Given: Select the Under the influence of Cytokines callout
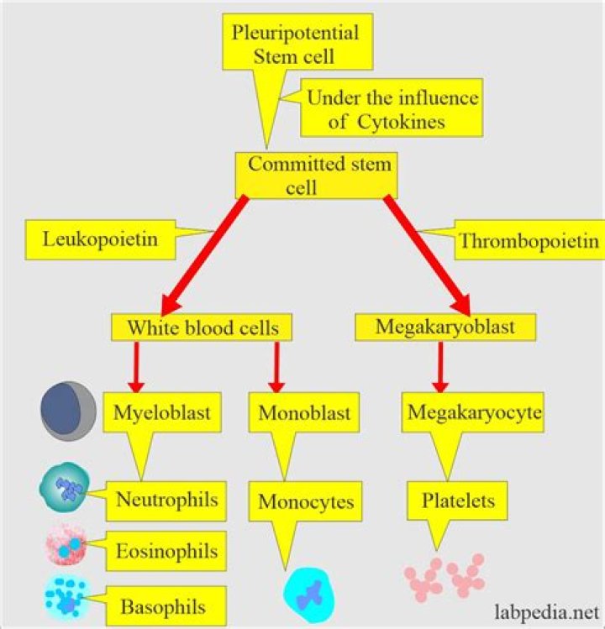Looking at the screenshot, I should pos(392,109).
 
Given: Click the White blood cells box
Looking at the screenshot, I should pos(202,327).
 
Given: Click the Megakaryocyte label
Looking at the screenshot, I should pos(472,412).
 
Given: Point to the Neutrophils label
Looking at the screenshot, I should pos(166,501).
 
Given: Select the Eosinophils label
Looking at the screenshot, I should pos(166,551).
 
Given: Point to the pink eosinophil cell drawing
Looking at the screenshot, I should pos(65,546).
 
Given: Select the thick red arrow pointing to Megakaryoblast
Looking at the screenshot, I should pos(427,252).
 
